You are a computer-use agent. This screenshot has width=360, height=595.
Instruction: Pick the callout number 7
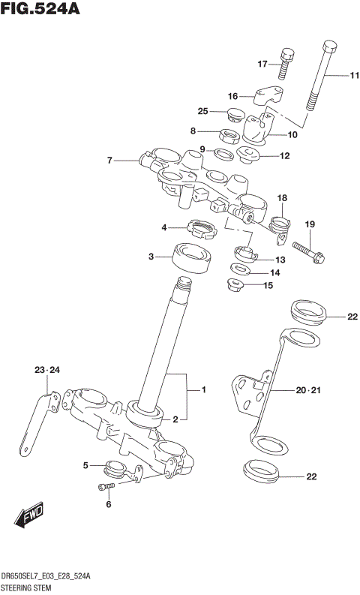coord(109,160)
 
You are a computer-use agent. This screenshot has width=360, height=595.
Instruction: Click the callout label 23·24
coord(46,370)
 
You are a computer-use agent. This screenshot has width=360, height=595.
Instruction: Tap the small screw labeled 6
coord(106,488)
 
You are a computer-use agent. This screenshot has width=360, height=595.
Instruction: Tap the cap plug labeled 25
coord(236,116)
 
